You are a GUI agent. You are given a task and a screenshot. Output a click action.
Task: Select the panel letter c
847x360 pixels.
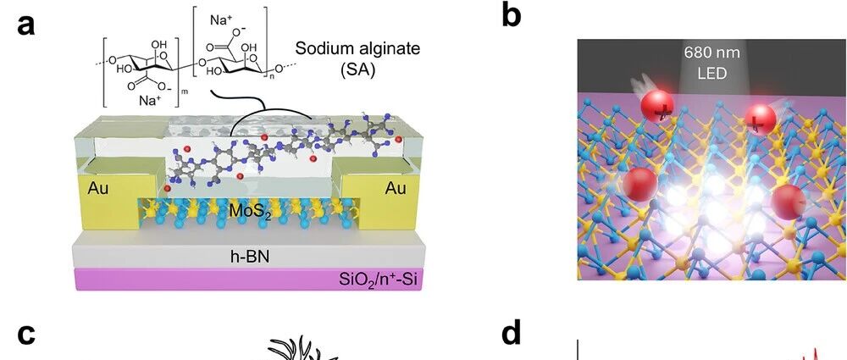(26, 334)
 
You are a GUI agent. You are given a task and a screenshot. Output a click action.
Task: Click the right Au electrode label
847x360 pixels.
(396, 188)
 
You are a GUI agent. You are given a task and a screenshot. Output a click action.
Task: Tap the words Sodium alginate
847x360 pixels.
(357, 49)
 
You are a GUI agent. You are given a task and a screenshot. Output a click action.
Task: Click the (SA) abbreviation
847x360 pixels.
(357, 70)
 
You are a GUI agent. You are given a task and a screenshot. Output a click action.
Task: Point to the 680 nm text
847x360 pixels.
(712, 53)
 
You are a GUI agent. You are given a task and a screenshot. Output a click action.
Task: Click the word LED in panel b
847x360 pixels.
(712, 73)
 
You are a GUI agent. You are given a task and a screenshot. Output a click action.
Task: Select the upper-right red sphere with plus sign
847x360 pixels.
(760, 119)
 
